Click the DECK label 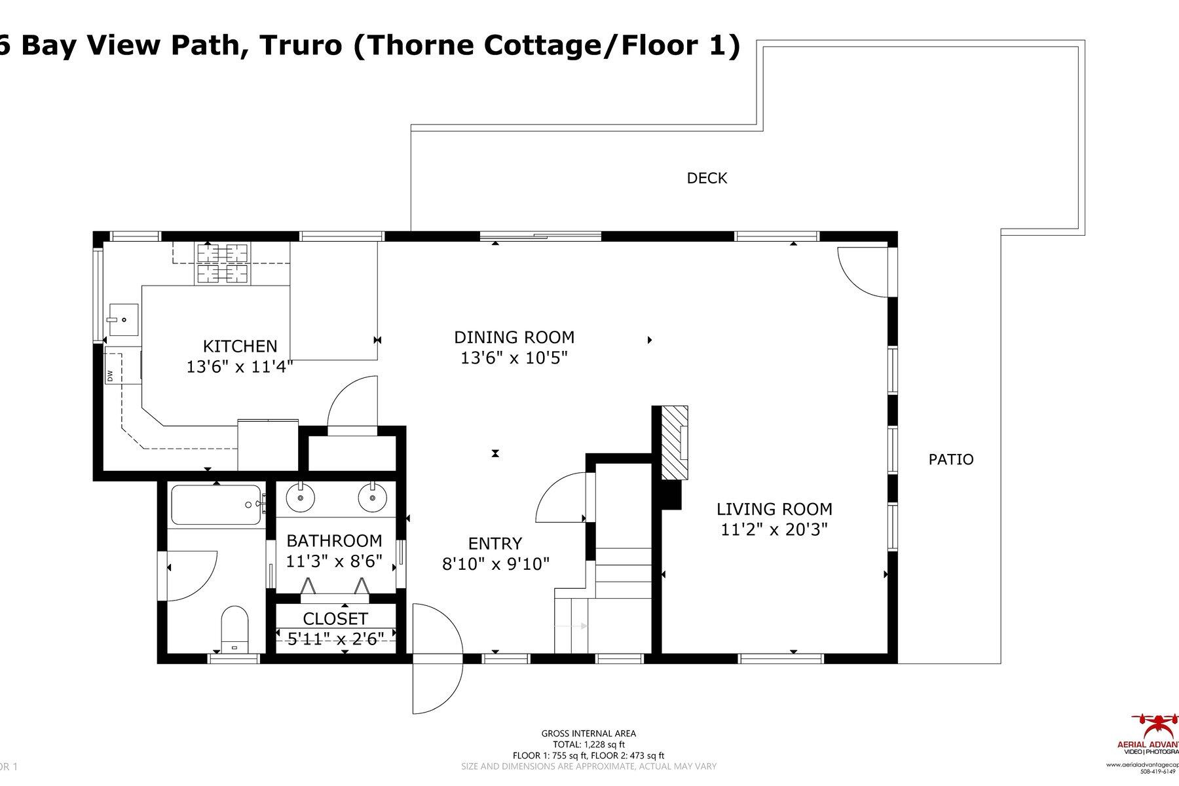pos(707,178)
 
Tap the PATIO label pos(950,460)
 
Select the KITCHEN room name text pos(240,346)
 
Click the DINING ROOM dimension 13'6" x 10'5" pos(514,358)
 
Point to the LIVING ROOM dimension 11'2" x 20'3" pos(774,530)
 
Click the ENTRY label pos(495,544)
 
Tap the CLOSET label pos(335,619)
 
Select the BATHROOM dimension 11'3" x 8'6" pos(334,561)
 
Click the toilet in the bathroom pos(235,629)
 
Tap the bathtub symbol pos(216,504)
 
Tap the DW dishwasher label pos(110,376)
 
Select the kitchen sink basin pos(123,319)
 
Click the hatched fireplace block pos(673,443)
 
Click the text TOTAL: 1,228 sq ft pos(588,745)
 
